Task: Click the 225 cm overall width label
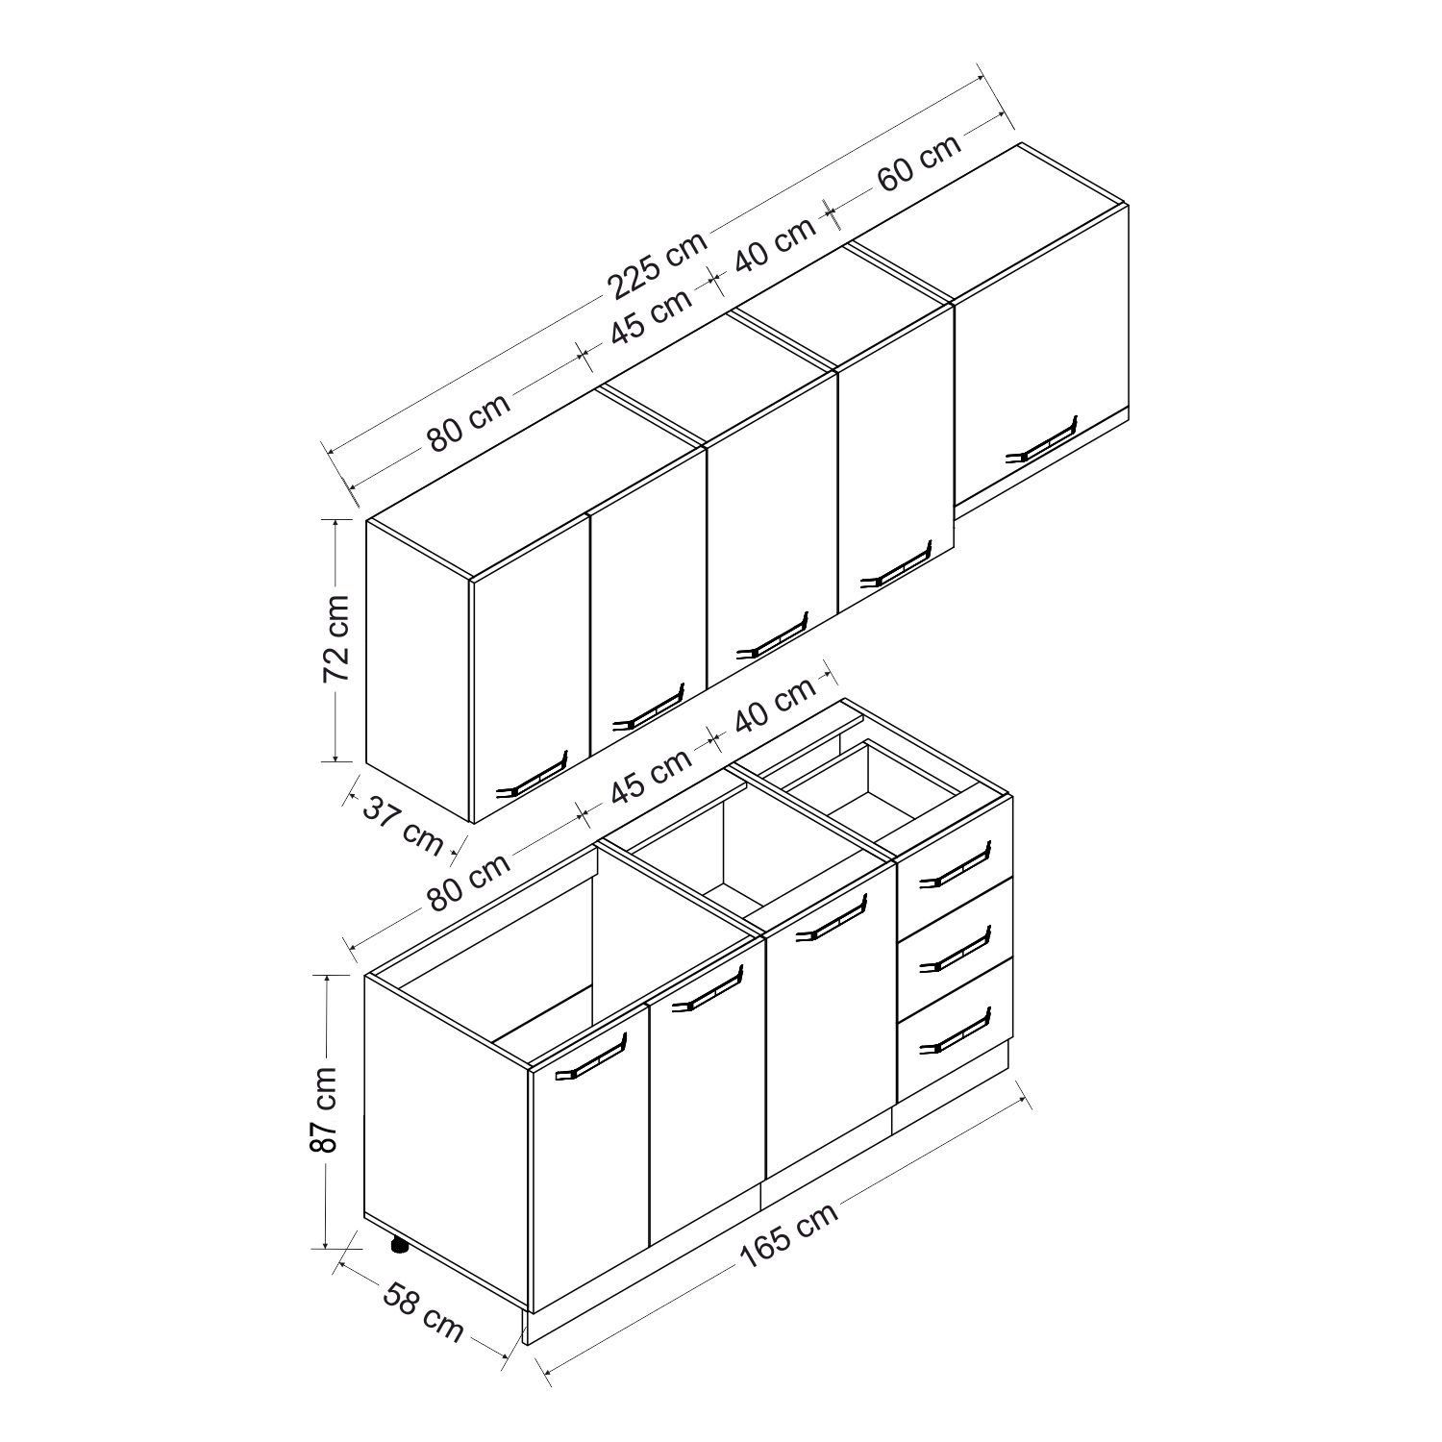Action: click(657, 262)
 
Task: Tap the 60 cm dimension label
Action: click(919, 162)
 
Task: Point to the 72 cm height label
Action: click(337, 638)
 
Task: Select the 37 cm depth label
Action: click(403, 824)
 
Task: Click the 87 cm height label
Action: click(326, 1109)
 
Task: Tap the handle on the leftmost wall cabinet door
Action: click(532, 776)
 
